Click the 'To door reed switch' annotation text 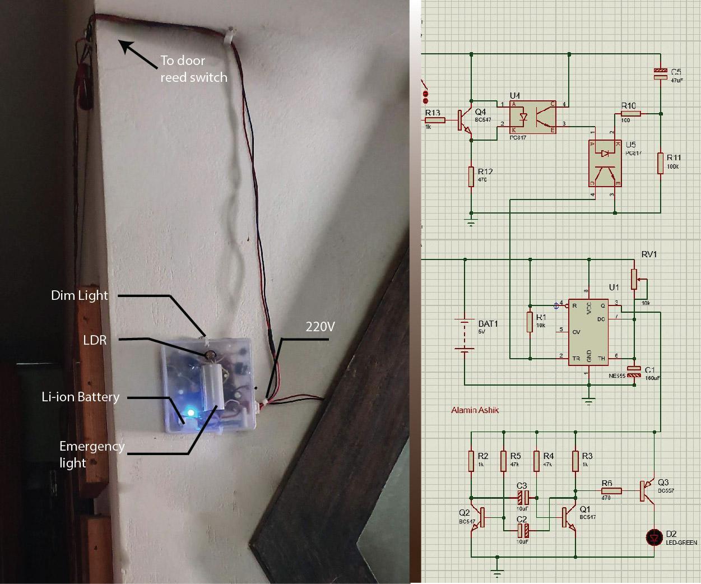coord(193,68)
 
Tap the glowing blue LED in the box coord(191,413)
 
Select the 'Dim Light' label coord(79,295)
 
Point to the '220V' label coord(320,326)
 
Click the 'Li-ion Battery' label coord(81,397)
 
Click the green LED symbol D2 coord(654,537)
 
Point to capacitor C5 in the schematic coord(661,73)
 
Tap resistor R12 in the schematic coord(472,175)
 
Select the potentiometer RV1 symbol coord(634,279)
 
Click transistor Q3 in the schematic coord(649,490)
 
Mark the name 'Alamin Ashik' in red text coord(475,410)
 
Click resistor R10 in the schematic coord(630,113)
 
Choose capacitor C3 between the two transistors coord(522,497)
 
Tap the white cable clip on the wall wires coord(229,36)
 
